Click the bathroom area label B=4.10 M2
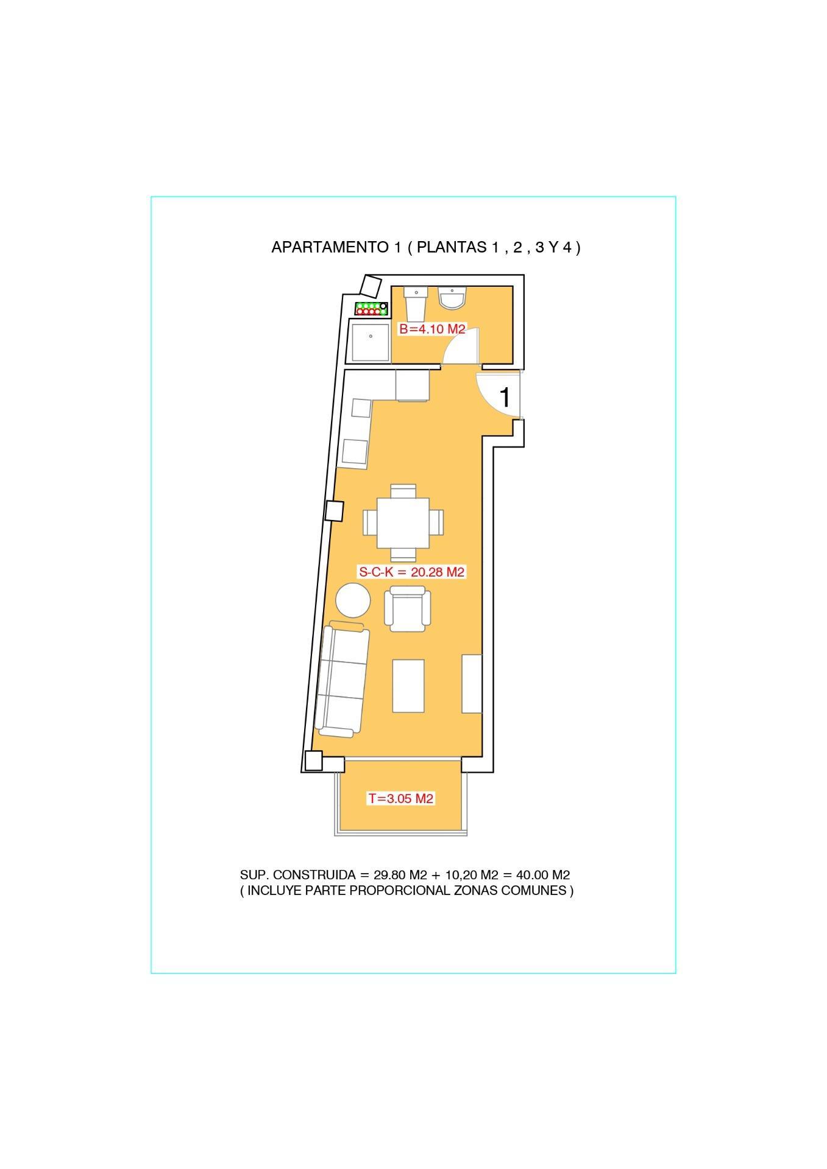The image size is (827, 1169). tap(432, 329)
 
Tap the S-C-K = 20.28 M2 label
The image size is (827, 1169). tap(412, 572)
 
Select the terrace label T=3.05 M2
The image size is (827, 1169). tap(400, 798)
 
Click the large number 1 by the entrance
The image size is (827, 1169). tap(505, 398)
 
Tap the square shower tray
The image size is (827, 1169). tap(370, 342)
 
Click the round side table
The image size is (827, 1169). tap(353, 601)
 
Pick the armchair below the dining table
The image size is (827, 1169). tap(407, 609)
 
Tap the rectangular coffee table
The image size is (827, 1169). tap(408, 686)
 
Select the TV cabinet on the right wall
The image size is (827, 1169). tap(472, 684)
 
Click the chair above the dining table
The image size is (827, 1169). tap(403, 491)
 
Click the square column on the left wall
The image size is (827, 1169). tap(334, 511)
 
